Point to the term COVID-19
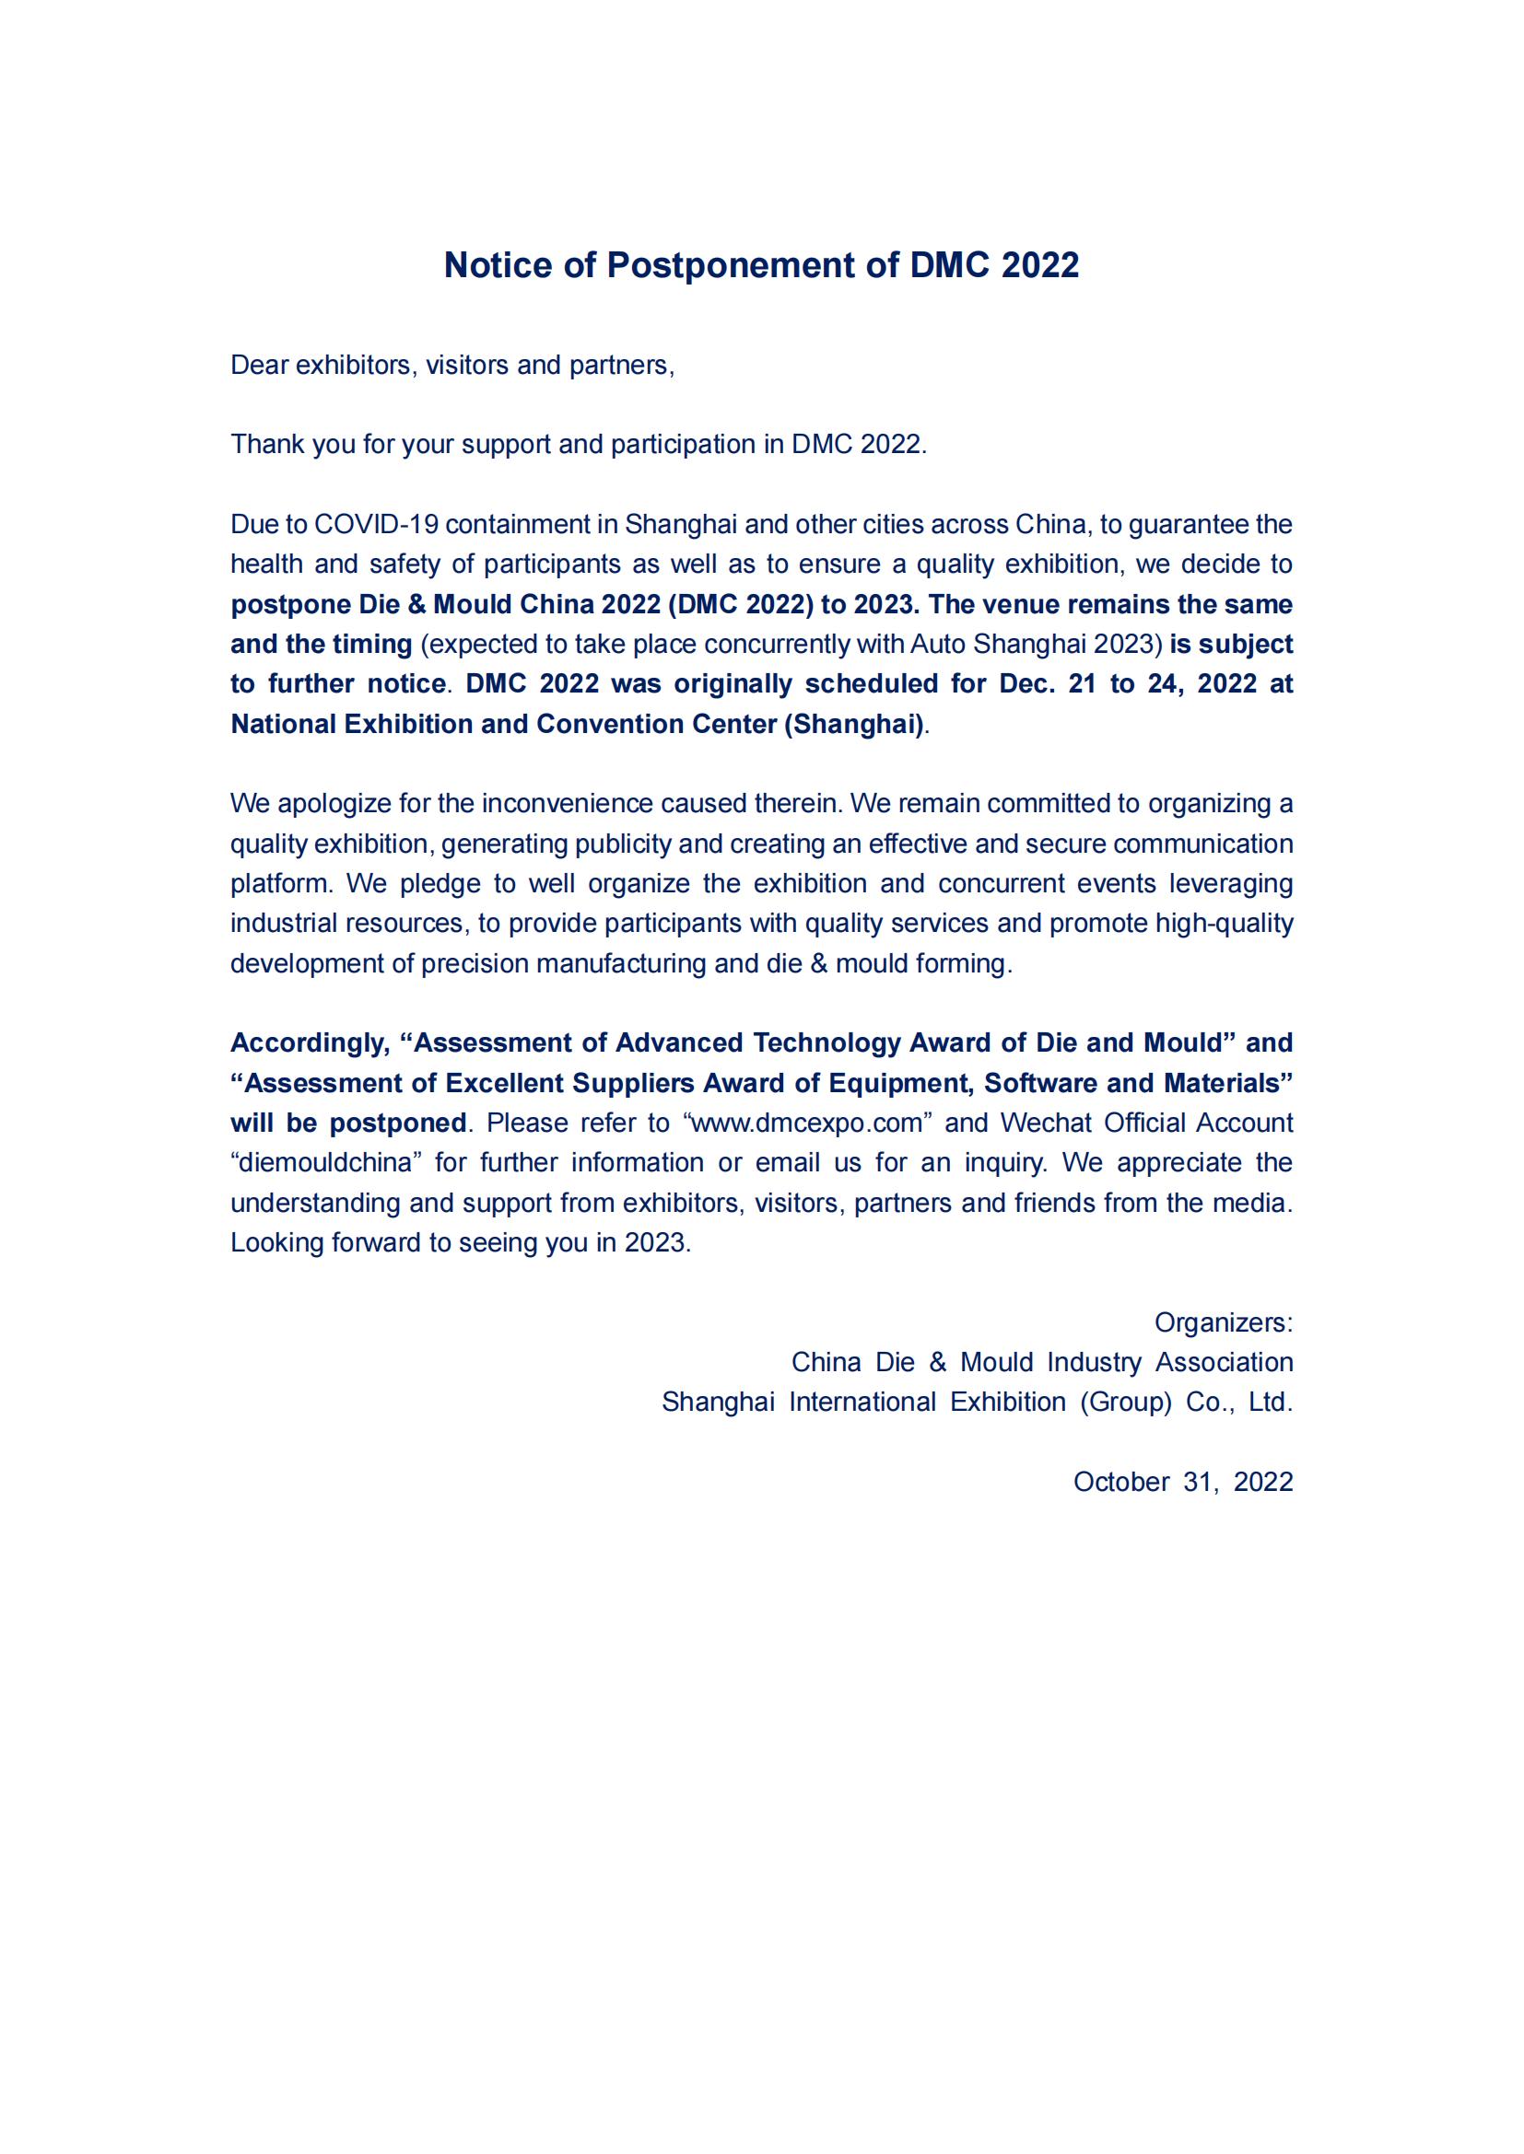375,523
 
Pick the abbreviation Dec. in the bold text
1027,683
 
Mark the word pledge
440,883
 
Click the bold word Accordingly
310,1042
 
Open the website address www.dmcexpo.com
807,1123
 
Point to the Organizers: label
1224,1322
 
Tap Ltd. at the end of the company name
1271,1402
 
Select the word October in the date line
1121,1482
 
